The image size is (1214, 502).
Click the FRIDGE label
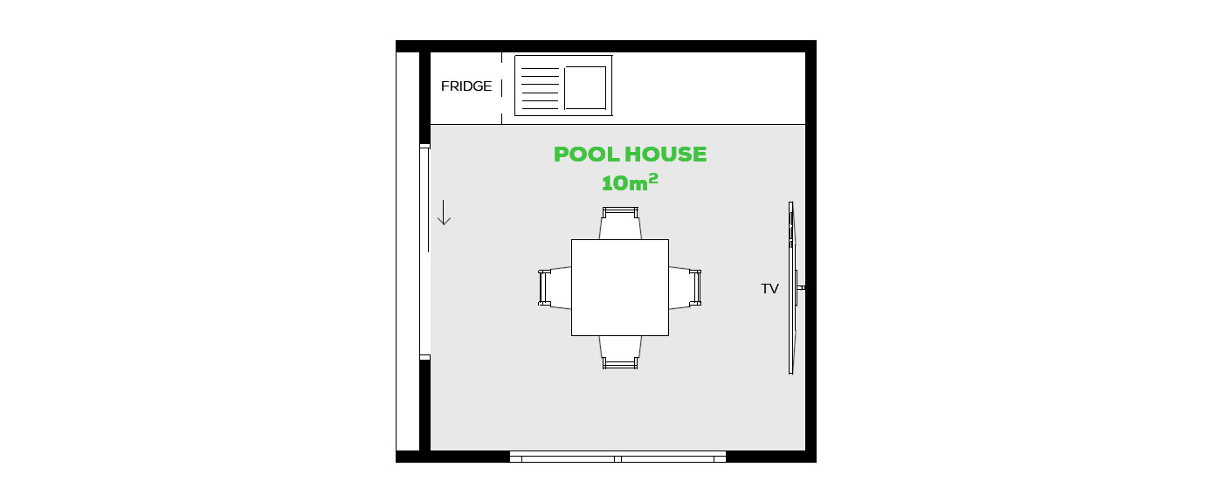466,86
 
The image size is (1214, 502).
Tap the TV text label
769,289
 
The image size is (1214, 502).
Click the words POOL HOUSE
630,155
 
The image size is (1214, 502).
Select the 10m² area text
630,182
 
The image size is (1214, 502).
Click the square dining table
620,287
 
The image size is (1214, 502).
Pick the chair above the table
620,223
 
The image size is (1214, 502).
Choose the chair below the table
620,353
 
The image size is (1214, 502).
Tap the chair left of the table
555,287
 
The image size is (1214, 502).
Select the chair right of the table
685,287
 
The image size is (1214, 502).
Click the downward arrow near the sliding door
444,212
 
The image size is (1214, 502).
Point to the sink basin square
585,87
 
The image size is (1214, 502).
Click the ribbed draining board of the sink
540,89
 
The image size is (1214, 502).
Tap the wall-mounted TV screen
791,287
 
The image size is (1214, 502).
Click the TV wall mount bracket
801,287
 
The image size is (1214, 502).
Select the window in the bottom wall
617,457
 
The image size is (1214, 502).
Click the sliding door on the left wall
424,251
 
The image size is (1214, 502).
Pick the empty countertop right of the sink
709,88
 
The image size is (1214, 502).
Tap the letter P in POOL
561,155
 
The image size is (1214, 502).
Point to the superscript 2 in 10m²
653,178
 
